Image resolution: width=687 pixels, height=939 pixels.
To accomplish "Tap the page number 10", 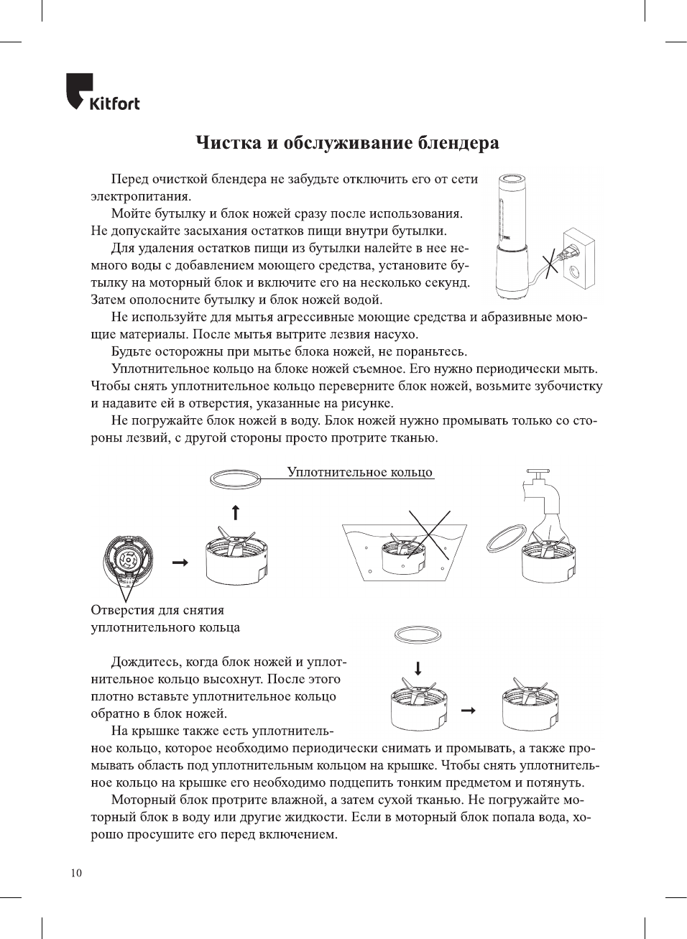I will click(76, 873).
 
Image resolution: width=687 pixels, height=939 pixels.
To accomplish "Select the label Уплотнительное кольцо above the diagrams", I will click(359, 472).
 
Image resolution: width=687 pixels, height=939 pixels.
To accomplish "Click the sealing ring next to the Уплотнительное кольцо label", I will click(235, 478).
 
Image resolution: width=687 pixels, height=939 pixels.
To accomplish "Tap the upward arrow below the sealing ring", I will click(235, 512).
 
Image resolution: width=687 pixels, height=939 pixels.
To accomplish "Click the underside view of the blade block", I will click(128, 560).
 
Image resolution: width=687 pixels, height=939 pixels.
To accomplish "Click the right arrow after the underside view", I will click(180, 562).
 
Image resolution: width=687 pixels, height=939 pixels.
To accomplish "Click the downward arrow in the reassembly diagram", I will click(418, 667).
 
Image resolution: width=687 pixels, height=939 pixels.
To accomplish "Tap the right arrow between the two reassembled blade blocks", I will click(468, 710).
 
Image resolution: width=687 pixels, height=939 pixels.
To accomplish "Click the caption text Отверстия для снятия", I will click(157, 610).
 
